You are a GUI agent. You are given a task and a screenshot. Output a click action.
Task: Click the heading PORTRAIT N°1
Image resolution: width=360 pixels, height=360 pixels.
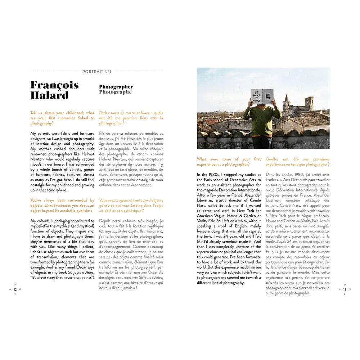(x=96, y=71)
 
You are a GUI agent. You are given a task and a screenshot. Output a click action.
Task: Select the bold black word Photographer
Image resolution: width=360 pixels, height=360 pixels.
(x=116, y=87)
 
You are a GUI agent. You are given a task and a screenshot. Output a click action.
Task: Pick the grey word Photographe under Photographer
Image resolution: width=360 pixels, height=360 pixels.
(x=115, y=92)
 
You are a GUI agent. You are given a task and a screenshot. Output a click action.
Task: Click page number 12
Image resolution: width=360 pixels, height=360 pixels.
(x=15, y=289)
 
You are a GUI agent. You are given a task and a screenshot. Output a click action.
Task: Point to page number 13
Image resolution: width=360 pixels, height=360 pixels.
(x=345, y=289)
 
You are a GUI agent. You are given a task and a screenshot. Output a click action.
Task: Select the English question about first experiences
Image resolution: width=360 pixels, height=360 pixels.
(x=229, y=162)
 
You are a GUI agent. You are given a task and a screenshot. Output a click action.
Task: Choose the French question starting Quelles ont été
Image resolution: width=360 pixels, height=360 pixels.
(x=297, y=162)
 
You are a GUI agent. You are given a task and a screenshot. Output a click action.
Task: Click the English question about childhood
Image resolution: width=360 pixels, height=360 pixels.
(x=62, y=118)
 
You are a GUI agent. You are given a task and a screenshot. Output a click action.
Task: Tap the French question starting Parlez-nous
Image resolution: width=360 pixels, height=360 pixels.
(x=131, y=118)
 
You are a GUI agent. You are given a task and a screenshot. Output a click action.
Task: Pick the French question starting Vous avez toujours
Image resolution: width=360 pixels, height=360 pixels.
(x=131, y=206)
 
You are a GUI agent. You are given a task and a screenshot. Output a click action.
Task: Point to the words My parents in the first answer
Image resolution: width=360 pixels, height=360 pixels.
(x=40, y=134)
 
